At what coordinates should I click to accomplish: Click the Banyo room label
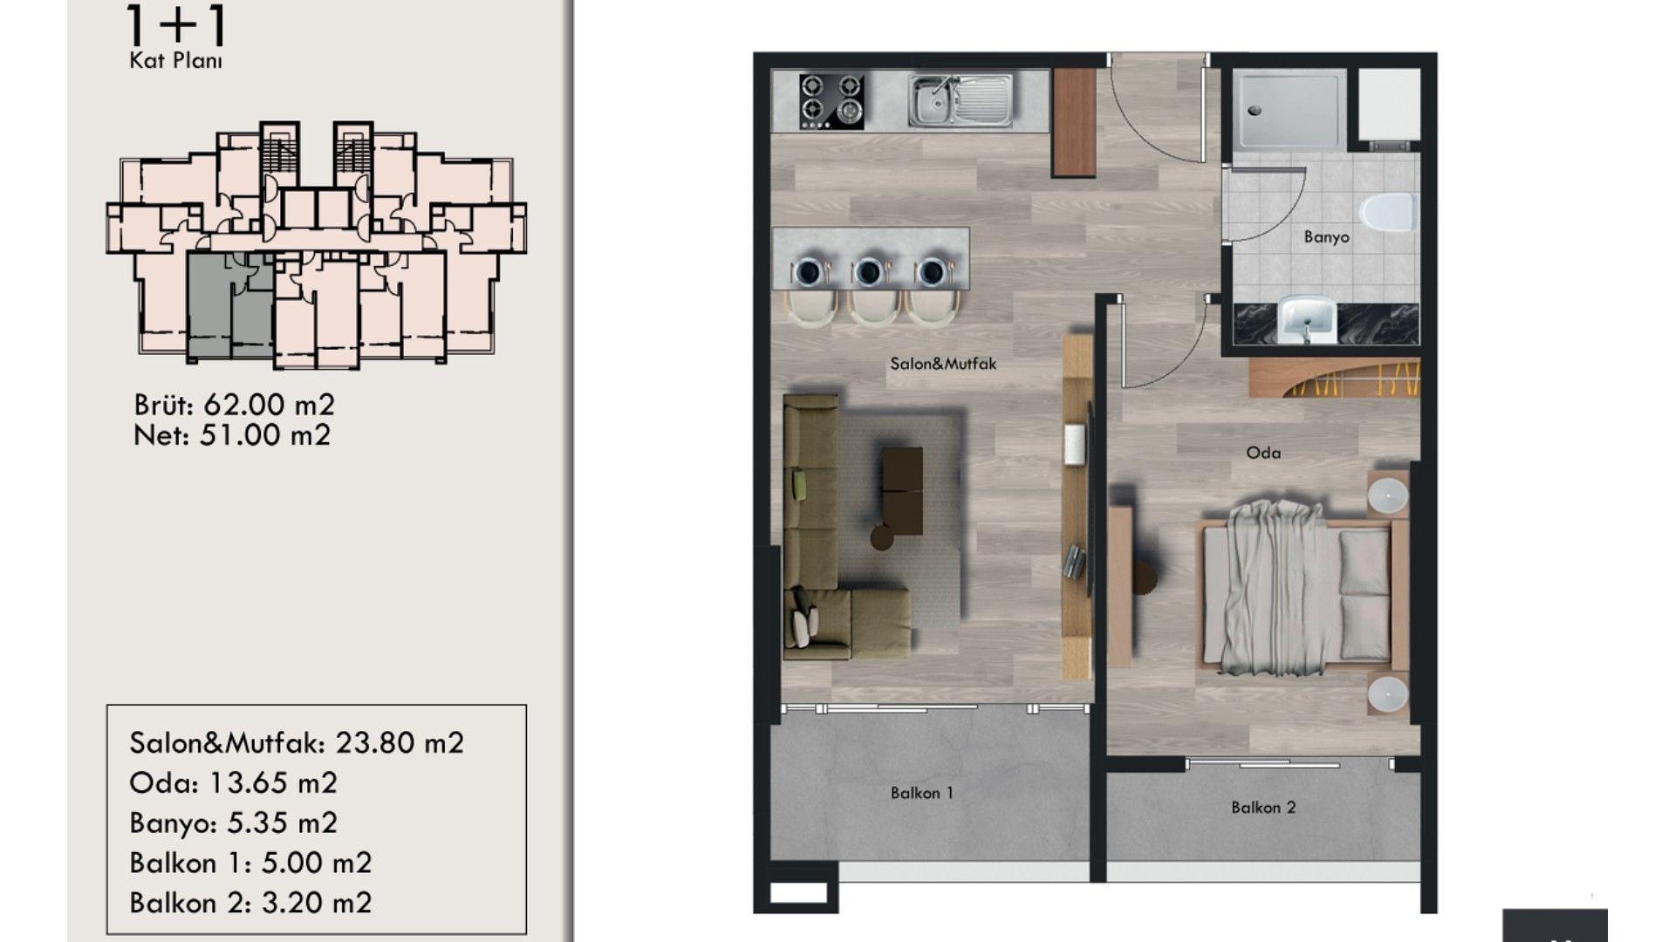pyautogui.click(x=1326, y=237)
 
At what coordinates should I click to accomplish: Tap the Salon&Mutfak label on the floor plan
pyautogui.click(x=943, y=364)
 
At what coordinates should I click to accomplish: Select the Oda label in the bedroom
pyautogui.click(x=1263, y=453)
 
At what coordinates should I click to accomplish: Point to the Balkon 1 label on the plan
pyautogui.click(x=922, y=793)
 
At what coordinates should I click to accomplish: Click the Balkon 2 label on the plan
pyautogui.click(x=1263, y=808)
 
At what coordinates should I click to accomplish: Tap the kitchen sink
pyautogui.click(x=960, y=100)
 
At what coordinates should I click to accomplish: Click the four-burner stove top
pyautogui.click(x=831, y=101)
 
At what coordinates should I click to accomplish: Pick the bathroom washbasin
pyautogui.click(x=1307, y=320)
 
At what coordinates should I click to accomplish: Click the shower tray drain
pyautogui.click(x=1255, y=111)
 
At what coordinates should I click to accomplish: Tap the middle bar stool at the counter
pyautogui.click(x=870, y=290)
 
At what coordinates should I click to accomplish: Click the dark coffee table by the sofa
pyautogui.click(x=901, y=491)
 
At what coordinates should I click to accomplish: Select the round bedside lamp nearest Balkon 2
pyautogui.click(x=1387, y=695)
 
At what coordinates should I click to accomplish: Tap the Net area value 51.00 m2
pyautogui.click(x=265, y=435)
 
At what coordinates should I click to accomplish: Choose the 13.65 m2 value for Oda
pyautogui.click(x=273, y=783)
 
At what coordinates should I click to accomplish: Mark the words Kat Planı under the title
pyautogui.click(x=175, y=61)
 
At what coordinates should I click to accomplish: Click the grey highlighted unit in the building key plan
pyautogui.click(x=231, y=305)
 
